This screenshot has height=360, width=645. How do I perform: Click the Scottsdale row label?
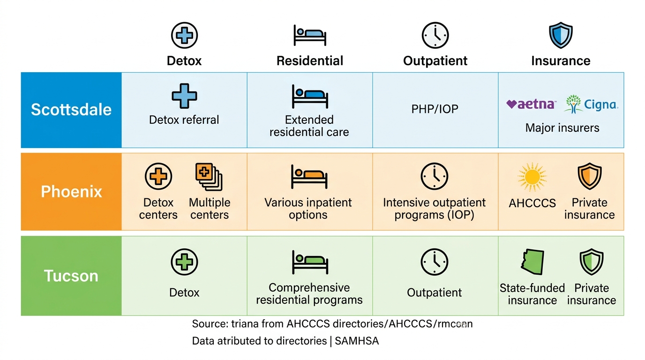[x=71, y=110]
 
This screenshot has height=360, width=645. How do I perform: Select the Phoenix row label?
[x=71, y=192]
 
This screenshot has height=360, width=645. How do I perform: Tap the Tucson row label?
[x=71, y=276]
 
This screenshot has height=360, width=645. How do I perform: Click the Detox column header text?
[x=184, y=61]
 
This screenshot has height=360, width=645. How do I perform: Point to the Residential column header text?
[x=310, y=61]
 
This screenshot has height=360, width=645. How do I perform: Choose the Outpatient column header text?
[x=435, y=61]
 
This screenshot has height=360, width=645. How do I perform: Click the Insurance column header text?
[x=561, y=61]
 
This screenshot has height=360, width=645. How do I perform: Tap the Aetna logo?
[x=531, y=104]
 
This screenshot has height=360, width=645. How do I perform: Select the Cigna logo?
[x=591, y=104]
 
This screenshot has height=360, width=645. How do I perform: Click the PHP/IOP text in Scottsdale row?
[x=435, y=109]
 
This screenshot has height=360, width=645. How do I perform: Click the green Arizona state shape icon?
[x=532, y=262]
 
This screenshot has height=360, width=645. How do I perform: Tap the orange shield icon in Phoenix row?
[x=589, y=176]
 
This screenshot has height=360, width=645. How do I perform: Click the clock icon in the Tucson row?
[x=435, y=262]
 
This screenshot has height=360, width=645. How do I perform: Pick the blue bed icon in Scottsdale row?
[x=310, y=96]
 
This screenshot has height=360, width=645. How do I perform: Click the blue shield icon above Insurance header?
[x=561, y=35]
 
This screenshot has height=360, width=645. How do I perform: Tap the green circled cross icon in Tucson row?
[x=184, y=262]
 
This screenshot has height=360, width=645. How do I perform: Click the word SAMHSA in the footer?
[x=357, y=341]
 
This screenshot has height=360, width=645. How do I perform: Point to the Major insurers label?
[x=562, y=128]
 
